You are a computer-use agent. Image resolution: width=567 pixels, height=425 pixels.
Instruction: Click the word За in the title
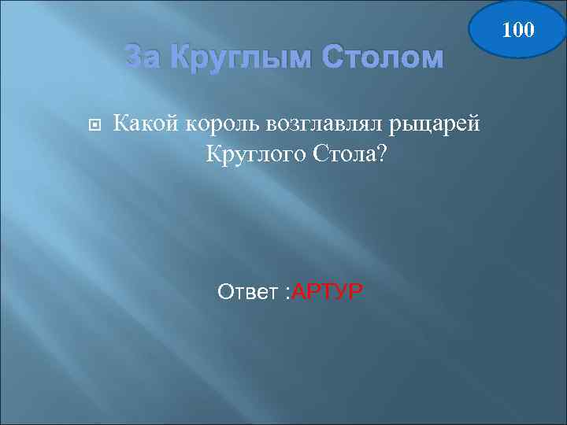pyautogui.click(x=143, y=57)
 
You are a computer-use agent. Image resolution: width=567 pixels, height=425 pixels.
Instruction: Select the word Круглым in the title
pyautogui.click(x=225, y=57)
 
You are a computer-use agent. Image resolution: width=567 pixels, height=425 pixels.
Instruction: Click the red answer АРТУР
pyautogui.click(x=327, y=293)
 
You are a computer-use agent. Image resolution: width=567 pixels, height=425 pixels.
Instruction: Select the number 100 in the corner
pyautogui.click(x=517, y=30)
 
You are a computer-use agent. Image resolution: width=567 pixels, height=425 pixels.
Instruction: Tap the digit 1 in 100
pyautogui.click(x=506, y=30)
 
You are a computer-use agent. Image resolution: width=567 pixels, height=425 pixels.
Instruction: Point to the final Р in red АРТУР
pyautogui.click(x=356, y=293)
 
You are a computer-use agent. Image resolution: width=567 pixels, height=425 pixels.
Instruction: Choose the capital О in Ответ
pyautogui.click(x=224, y=293)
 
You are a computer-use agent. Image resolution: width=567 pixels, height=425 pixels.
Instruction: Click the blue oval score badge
pyautogui.click(x=517, y=30)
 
